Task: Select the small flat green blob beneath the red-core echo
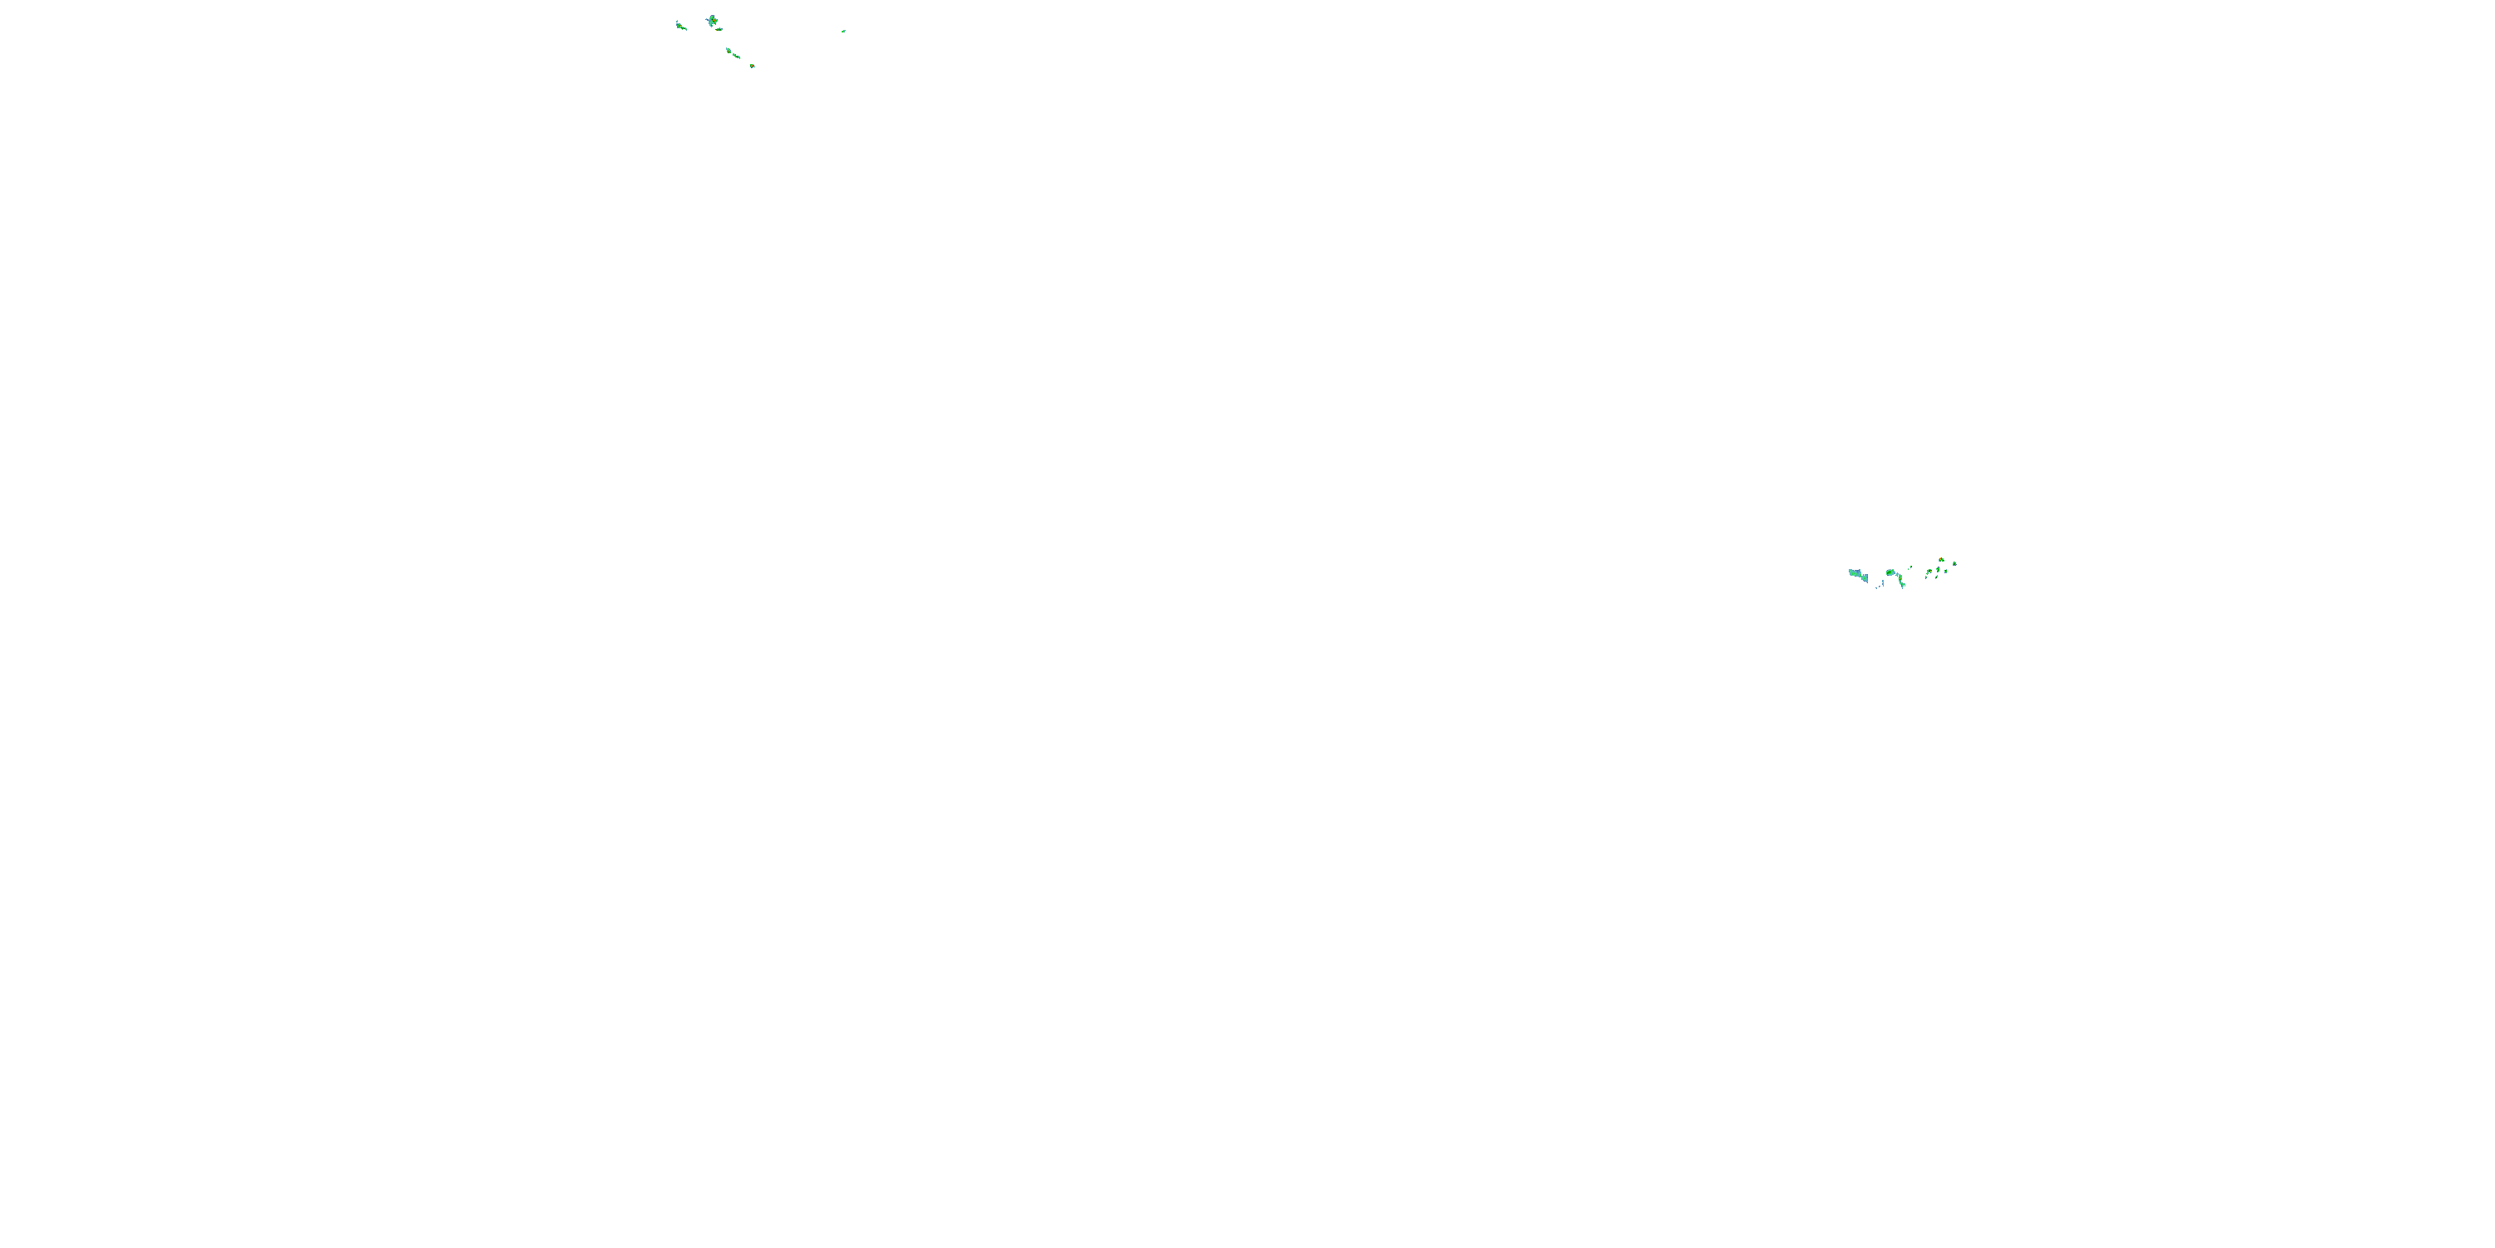(719, 29)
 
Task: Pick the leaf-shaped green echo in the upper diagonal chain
(729, 51)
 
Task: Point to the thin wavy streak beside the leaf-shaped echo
(737, 57)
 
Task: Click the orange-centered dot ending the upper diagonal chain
(753, 66)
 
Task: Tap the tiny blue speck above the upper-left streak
(678, 22)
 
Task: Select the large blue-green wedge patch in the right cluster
(1859, 575)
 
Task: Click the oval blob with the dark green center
(1890, 572)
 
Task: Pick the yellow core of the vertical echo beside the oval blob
(1900, 578)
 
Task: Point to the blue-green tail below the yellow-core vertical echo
(1903, 584)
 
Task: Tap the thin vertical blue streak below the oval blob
(1883, 583)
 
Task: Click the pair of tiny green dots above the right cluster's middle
(1910, 567)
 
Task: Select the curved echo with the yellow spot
(1929, 572)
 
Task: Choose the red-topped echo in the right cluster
(1941, 559)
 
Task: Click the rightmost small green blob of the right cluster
(1954, 564)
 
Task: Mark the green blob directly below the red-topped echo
(1938, 570)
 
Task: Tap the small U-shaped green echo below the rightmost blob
(1946, 572)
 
